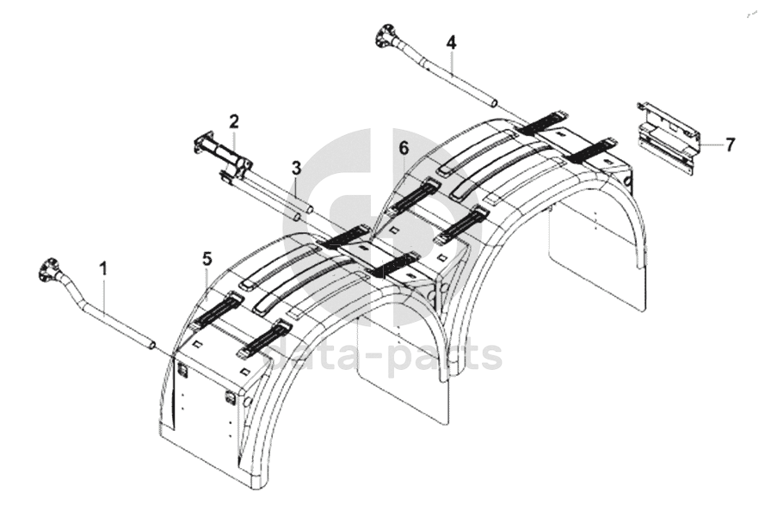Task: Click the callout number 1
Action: tap(103, 268)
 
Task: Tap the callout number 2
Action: tap(234, 121)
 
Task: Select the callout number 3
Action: tap(297, 169)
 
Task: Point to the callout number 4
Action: tap(451, 43)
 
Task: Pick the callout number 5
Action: tap(207, 260)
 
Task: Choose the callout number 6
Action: tap(404, 148)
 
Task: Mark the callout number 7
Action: tap(730, 145)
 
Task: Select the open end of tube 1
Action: tap(152, 345)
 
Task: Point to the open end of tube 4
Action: tap(495, 103)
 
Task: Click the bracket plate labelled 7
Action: tap(669, 138)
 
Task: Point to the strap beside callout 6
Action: tap(412, 195)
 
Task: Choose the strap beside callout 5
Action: tap(215, 311)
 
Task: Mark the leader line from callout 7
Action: tap(710, 145)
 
